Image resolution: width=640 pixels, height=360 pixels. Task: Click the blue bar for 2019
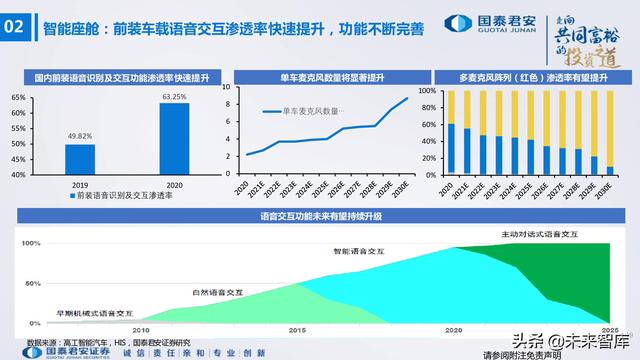(80, 159)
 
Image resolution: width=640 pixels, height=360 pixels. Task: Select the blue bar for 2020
(174, 139)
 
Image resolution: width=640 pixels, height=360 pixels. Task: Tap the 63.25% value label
(174, 96)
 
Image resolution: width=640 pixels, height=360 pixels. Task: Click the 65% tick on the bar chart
(18, 97)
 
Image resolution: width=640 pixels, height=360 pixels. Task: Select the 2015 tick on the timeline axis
(297, 328)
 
